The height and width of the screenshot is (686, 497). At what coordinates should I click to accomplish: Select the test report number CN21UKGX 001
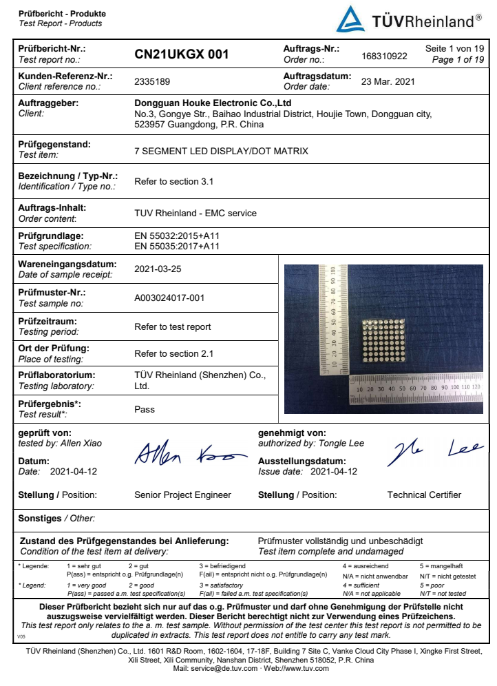(182, 54)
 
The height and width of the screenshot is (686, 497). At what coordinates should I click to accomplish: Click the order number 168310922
(384, 56)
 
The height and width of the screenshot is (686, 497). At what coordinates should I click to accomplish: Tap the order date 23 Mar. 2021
(388, 81)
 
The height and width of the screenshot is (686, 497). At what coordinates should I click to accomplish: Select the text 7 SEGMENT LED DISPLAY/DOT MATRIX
(221, 150)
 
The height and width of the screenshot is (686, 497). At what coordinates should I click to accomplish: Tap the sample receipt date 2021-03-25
(158, 269)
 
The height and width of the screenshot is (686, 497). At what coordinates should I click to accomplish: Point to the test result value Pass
(145, 409)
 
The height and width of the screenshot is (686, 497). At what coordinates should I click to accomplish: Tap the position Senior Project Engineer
(182, 495)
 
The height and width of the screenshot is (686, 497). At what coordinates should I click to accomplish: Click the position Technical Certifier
(424, 495)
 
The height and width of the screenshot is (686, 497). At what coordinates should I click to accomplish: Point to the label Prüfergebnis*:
(50, 404)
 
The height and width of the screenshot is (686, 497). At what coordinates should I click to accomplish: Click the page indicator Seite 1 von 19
(455, 48)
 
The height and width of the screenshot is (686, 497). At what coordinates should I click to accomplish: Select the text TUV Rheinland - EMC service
(195, 213)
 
